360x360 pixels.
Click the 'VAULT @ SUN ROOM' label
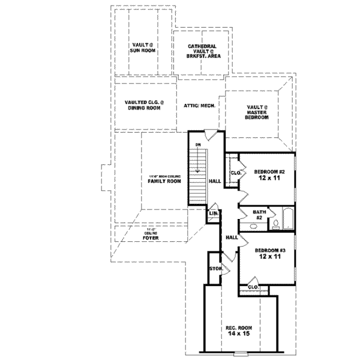click(143, 48)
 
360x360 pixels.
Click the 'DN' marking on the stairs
click(197, 145)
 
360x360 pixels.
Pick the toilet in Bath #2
click(274, 224)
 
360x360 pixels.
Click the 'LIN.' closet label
click(213, 214)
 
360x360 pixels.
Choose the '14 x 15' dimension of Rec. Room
click(238, 335)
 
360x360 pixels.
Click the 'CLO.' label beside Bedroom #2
click(235, 173)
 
